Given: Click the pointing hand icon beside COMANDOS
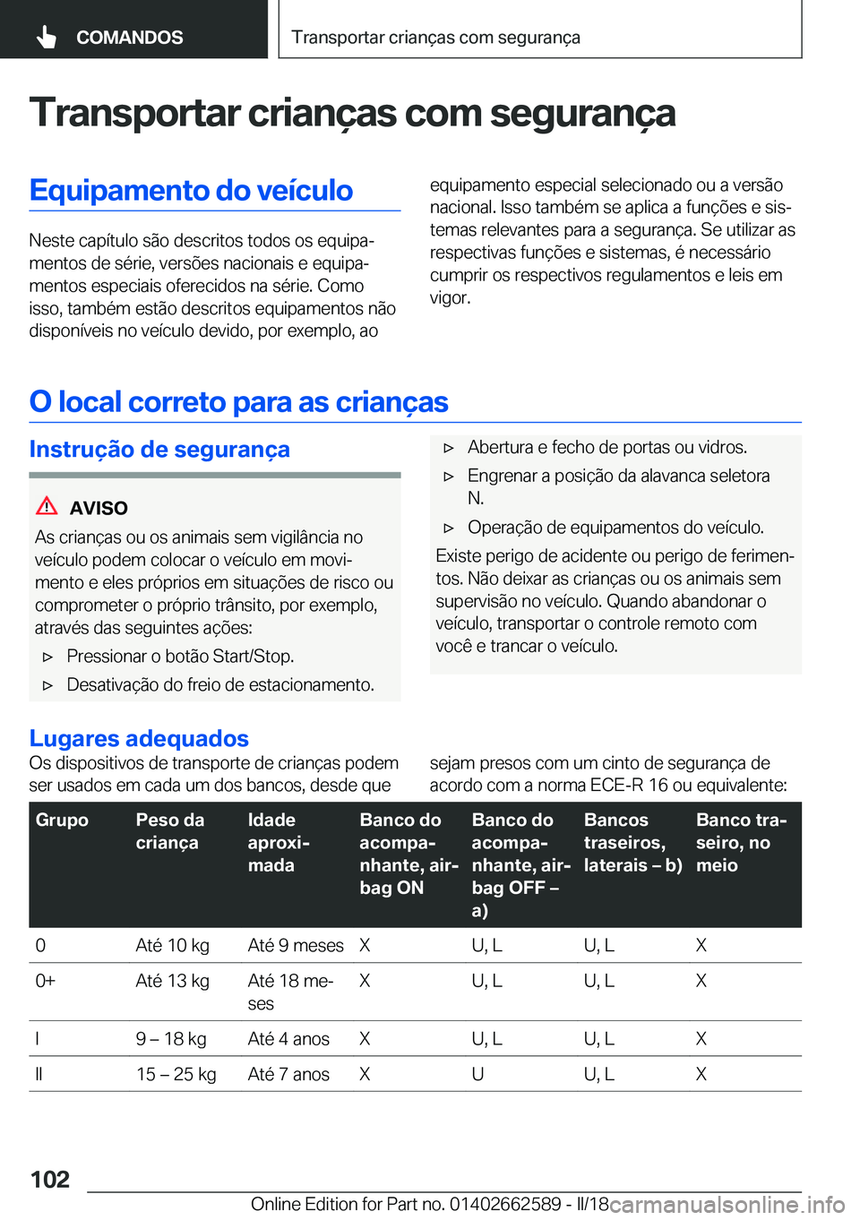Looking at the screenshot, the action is click(x=47, y=37).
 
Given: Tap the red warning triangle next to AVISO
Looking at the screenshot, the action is click(x=47, y=506).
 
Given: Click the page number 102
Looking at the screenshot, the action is click(x=50, y=1179).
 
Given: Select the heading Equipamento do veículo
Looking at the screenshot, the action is click(x=191, y=190).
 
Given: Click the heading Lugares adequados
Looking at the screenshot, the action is click(x=139, y=738).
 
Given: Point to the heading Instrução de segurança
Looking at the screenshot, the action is click(x=159, y=449).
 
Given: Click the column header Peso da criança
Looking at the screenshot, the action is click(x=170, y=831).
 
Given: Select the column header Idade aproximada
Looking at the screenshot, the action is click(x=279, y=842).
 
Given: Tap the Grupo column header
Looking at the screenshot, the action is click(x=62, y=820).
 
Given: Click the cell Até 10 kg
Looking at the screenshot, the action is click(x=173, y=945).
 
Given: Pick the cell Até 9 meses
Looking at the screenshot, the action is click(x=296, y=945).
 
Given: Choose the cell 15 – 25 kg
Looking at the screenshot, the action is click(x=176, y=1074).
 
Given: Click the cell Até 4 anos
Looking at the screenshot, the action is click(x=288, y=1039).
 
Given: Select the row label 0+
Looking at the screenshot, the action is click(x=45, y=981).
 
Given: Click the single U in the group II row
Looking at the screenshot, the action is click(x=478, y=1074).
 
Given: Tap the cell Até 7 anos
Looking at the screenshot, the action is click(x=288, y=1074).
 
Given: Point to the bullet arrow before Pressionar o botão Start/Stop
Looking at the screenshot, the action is click(x=48, y=657).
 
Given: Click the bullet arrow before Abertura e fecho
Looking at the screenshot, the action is click(x=449, y=448).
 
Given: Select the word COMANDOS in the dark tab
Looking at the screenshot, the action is click(x=129, y=38).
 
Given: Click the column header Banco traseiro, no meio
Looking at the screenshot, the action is click(x=742, y=842).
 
